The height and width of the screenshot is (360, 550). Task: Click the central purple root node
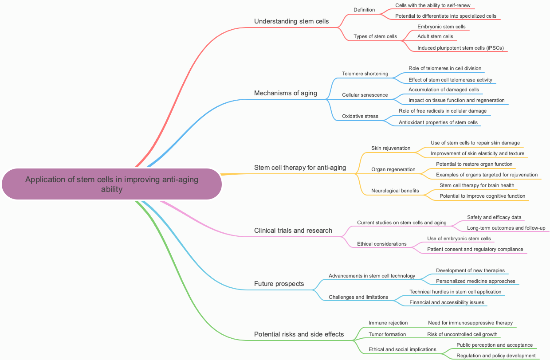click(111, 184)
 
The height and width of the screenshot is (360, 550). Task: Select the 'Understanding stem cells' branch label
click(291, 21)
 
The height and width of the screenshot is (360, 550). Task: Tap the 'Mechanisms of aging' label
click(285, 93)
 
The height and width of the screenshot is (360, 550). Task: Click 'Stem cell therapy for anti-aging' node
click(300, 168)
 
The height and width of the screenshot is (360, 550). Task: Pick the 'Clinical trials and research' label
click(293, 231)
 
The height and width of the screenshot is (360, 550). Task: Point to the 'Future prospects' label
click(279, 284)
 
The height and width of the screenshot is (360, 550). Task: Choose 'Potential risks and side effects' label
click(299, 334)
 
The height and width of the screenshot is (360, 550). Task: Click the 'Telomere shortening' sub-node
click(365, 74)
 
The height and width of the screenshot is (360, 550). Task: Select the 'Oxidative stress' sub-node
click(360, 116)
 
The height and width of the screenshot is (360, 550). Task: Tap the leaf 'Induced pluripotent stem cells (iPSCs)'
click(460, 48)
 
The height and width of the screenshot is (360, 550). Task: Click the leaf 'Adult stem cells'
click(435, 36)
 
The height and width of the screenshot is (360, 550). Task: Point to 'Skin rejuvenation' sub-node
click(390, 148)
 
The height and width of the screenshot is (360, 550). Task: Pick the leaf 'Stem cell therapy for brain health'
click(477, 185)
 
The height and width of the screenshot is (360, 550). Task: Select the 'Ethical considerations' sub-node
click(381, 244)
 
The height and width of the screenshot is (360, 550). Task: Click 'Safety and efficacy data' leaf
click(494, 217)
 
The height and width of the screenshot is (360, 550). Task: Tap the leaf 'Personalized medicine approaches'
click(475, 281)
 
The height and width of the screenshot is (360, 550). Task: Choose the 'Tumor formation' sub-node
click(387, 334)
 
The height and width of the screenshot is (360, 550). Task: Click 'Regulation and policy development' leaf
click(496, 356)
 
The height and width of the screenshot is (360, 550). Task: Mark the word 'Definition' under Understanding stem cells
click(364, 10)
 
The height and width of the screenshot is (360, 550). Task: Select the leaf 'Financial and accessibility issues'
click(447, 302)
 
